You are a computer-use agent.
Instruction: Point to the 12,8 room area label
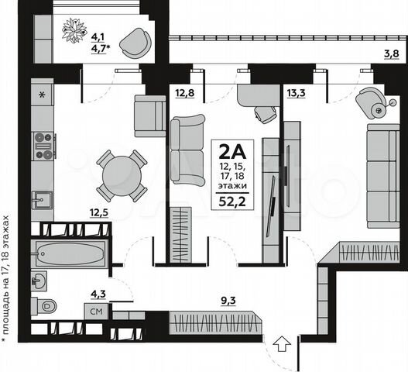point(184,95)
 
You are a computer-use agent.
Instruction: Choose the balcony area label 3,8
point(393,53)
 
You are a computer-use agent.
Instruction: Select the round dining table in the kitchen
point(121,175)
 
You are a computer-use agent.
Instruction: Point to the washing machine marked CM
point(97,312)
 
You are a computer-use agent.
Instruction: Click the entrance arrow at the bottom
point(283,343)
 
